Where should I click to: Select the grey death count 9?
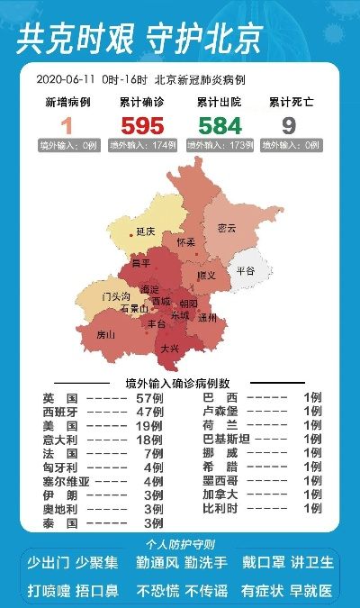[289, 125]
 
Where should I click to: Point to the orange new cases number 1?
[67, 125]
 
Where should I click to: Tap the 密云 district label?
[227, 229]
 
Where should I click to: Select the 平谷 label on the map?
[246, 270]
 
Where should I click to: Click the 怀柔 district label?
[186, 243]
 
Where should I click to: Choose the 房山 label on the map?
[106, 334]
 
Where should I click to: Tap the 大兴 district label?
[169, 347]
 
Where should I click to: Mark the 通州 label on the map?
[208, 318]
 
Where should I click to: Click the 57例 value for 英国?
[149, 397]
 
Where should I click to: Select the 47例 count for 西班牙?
[149, 411]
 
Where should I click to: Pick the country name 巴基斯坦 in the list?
[226, 439]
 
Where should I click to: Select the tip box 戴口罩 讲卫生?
[288, 563]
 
